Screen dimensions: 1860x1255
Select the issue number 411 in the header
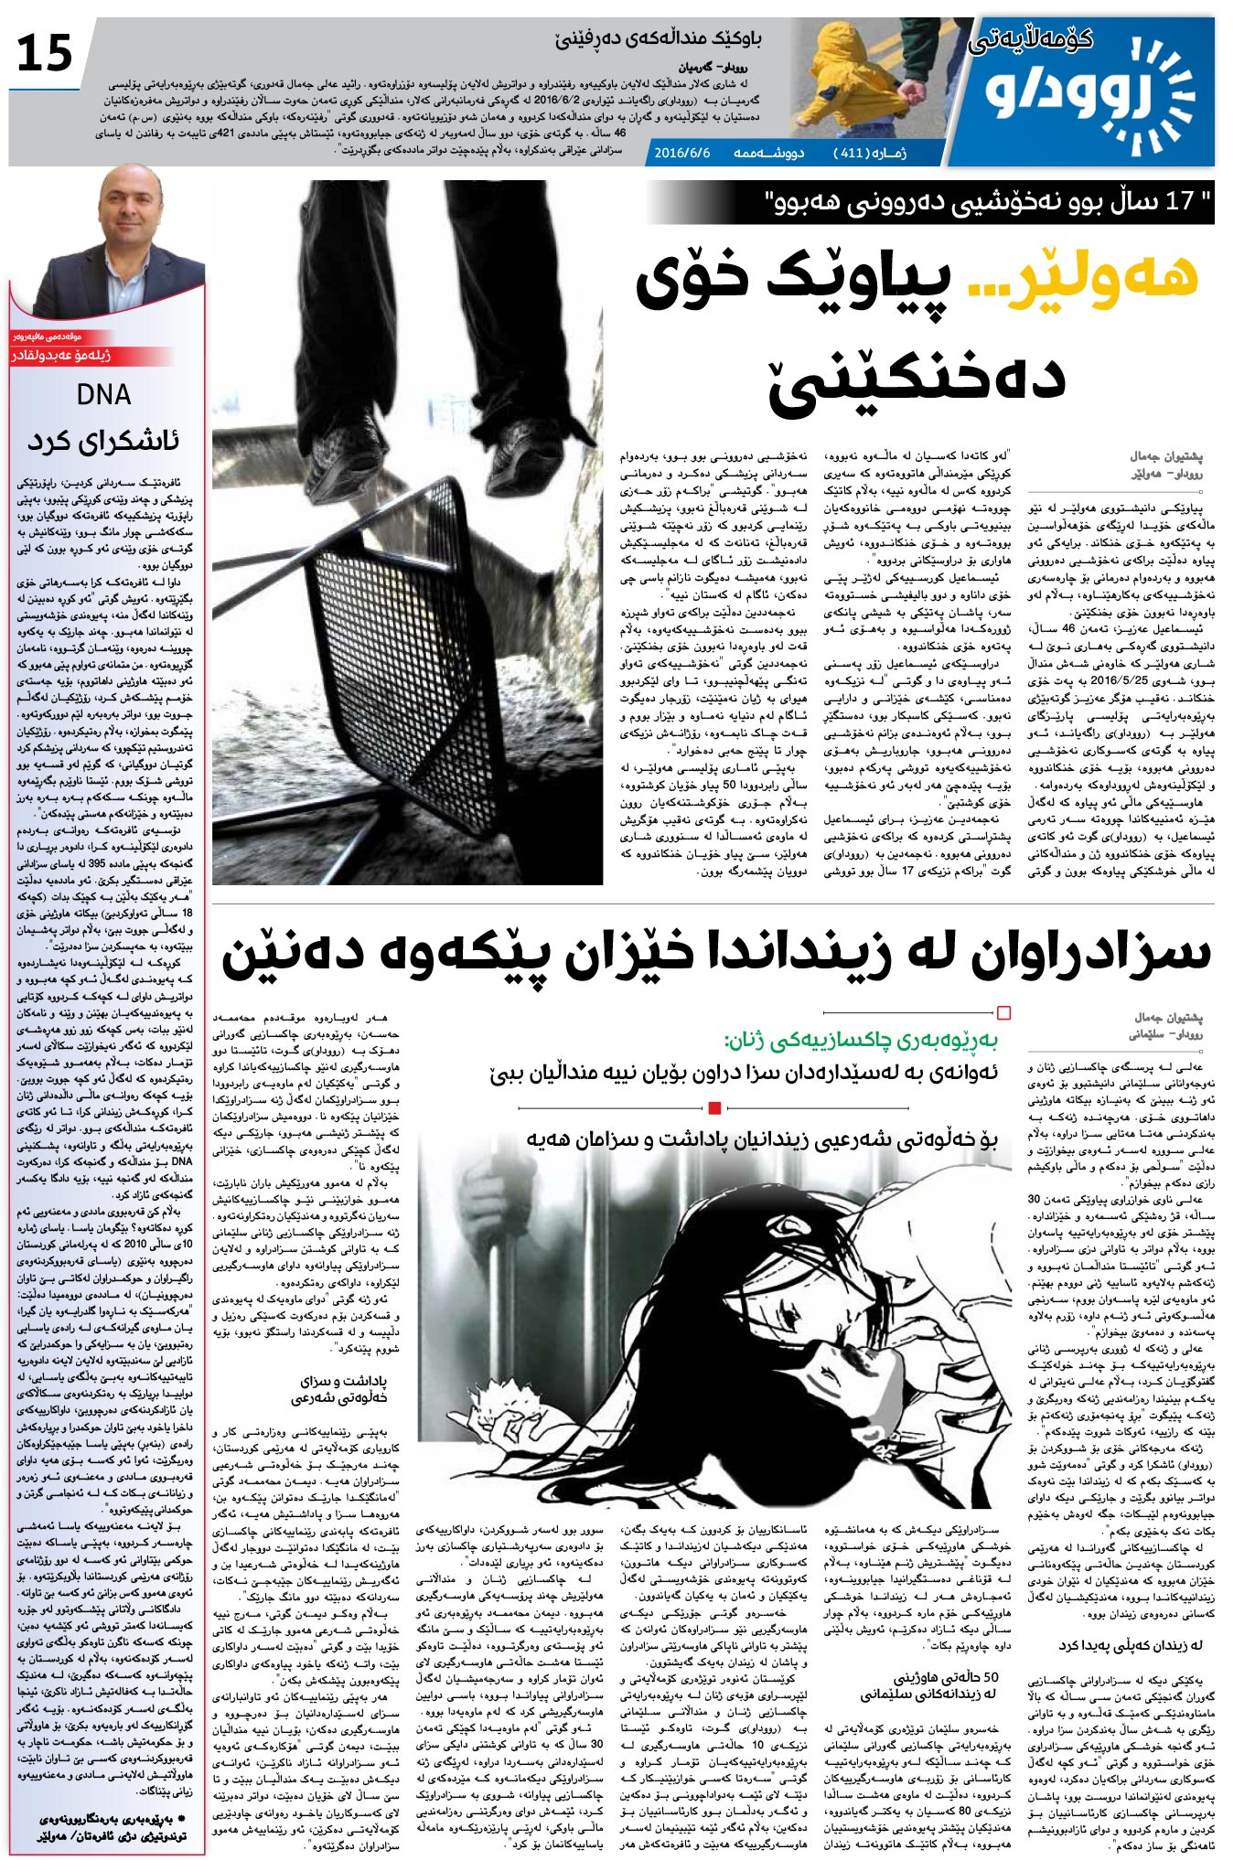pos(852,153)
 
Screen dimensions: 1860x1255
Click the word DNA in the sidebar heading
pos(103,395)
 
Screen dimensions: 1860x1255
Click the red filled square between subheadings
pos(715,1108)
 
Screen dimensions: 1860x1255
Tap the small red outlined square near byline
pos(1003,1012)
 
